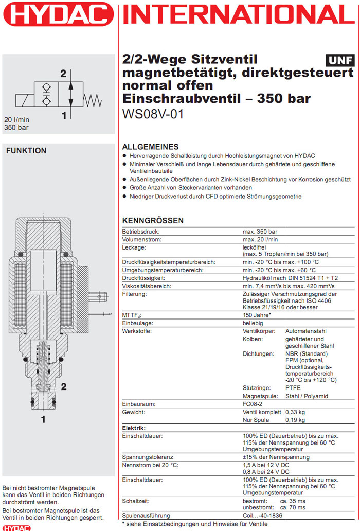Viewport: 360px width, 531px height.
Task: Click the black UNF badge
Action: click(x=340, y=60)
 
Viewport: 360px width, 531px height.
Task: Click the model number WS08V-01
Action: click(x=153, y=114)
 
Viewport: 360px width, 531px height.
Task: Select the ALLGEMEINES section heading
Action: click(x=150, y=147)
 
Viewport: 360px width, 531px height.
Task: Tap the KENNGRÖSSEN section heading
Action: click(x=153, y=221)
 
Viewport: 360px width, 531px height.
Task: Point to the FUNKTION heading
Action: click(x=26, y=151)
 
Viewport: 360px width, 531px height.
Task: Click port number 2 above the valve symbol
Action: click(x=63, y=74)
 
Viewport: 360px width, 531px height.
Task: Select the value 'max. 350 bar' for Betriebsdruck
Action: click(x=260, y=232)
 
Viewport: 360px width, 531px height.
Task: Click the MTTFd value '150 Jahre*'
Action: click(x=257, y=315)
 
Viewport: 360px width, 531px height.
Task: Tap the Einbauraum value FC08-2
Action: click(x=254, y=404)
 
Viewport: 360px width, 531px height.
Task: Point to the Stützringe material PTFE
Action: click(x=294, y=387)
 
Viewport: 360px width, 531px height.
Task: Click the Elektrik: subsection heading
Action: click(x=133, y=428)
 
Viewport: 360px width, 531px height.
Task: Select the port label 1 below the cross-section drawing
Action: click(x=43, y=420)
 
